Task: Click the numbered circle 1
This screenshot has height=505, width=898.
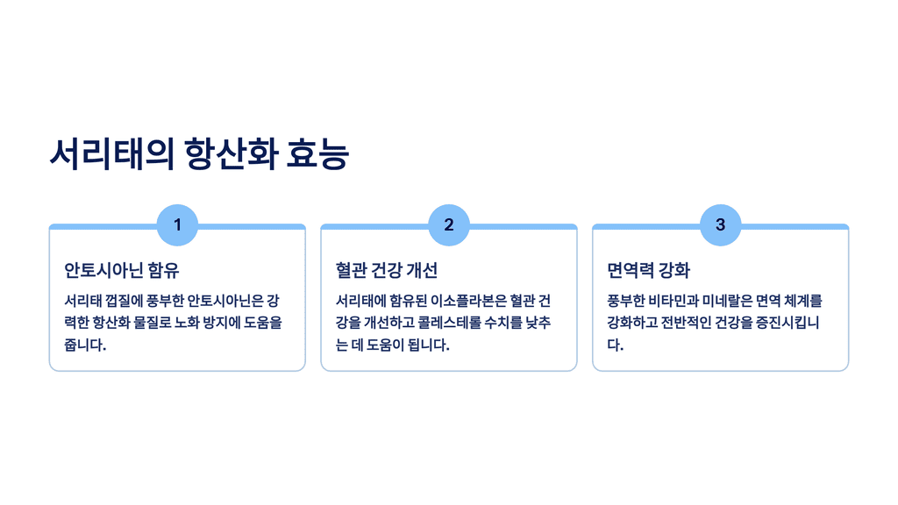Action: coord(177,225)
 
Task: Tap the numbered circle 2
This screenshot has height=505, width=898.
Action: coord(449,225)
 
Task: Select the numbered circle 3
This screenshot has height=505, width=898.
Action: coord(721,225)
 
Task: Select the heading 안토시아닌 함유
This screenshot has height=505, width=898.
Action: coord(122,270)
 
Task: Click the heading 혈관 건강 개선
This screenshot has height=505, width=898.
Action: coord(387,270)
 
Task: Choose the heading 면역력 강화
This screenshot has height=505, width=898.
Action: coord(649,270)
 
